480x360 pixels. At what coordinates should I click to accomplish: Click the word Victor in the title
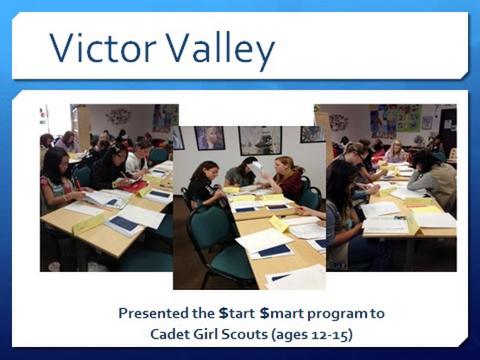[x=103, y=47]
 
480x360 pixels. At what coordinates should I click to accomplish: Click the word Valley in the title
[x=220, y=50]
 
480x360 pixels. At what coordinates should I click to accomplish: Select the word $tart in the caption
[x=237, y=313]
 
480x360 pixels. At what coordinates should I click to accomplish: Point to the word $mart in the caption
[x=281, y=313]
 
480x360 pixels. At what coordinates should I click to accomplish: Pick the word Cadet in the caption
[x=169, y=334]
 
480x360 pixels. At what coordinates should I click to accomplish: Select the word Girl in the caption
[x=205, y=334]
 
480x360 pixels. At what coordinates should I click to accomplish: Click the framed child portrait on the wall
[x=210, y=138]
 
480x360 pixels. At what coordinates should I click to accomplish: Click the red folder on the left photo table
[x=134, y=186]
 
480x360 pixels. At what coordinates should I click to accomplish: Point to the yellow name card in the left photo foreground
[x=88, y=224]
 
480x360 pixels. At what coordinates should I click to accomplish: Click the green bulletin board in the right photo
[x=409, y=118]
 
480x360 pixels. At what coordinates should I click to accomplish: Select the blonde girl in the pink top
[x=396, y=152]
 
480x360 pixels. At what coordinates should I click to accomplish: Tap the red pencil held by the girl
[x=79, y=186]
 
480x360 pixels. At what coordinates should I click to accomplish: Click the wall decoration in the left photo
[x=118, y=117]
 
